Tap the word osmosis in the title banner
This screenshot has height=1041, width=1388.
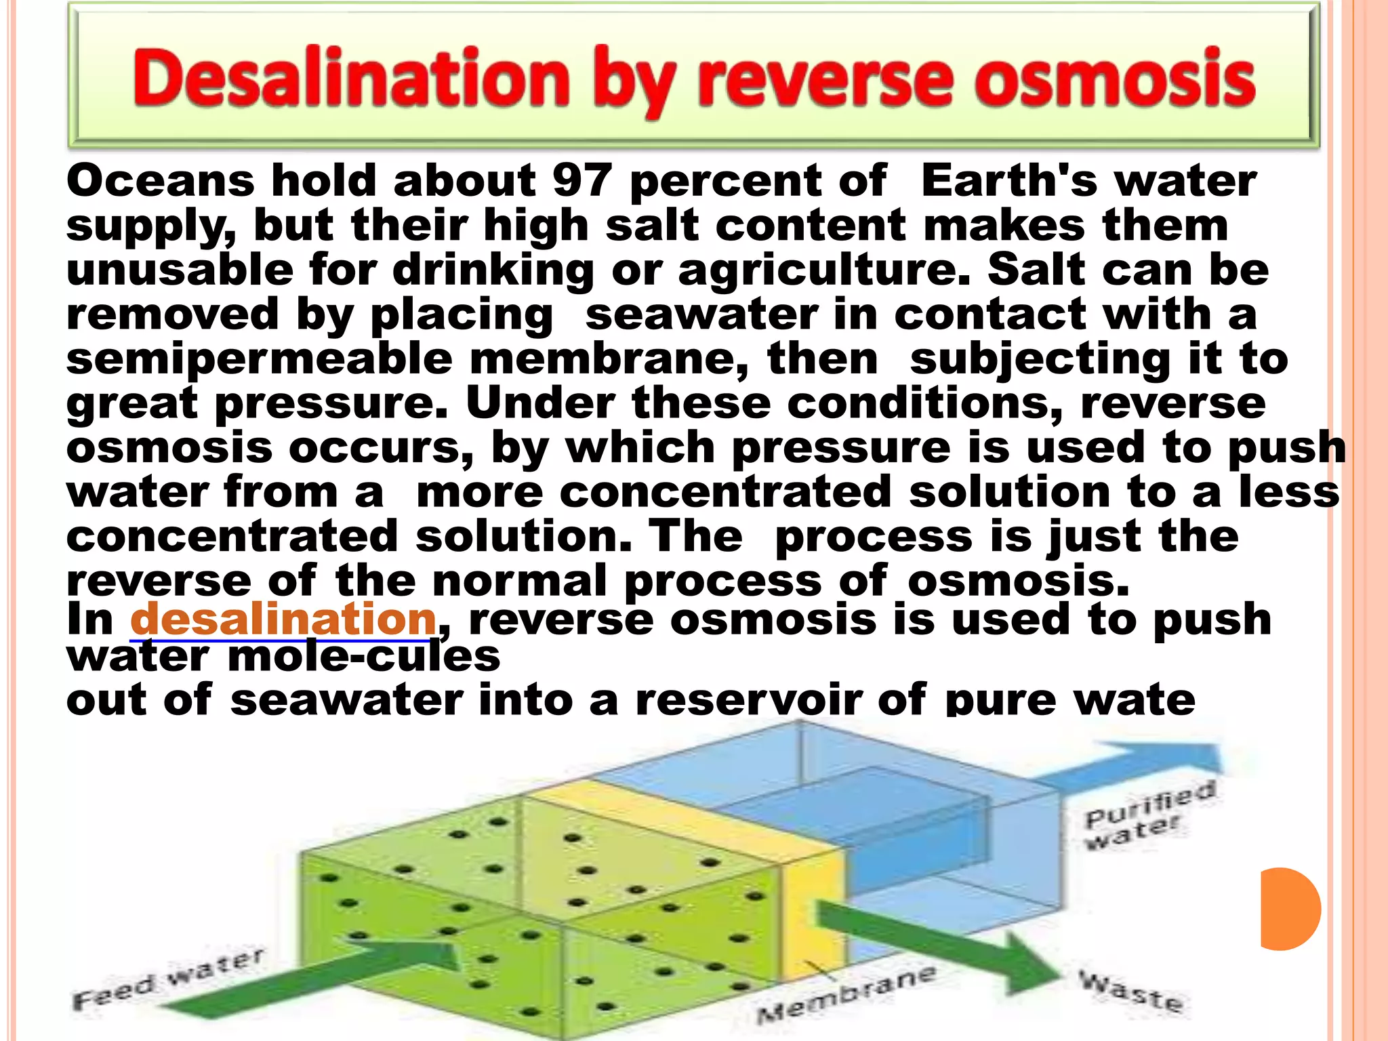(x=1118, y=80)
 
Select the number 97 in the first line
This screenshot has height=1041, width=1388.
(x=582, y=181)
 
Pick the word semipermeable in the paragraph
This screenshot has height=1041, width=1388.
(x=259, y=360)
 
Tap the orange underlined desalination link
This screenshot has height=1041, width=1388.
(x=283, y=619)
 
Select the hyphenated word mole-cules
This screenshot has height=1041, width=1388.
(x=364, y=656)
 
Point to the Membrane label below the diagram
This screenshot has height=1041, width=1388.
(x=847, y=995)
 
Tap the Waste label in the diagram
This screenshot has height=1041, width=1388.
(x=1130, y=991)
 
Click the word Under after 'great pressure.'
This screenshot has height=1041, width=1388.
(x=540, y=404)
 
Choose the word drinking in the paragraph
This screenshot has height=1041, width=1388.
(x=493, y=270)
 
